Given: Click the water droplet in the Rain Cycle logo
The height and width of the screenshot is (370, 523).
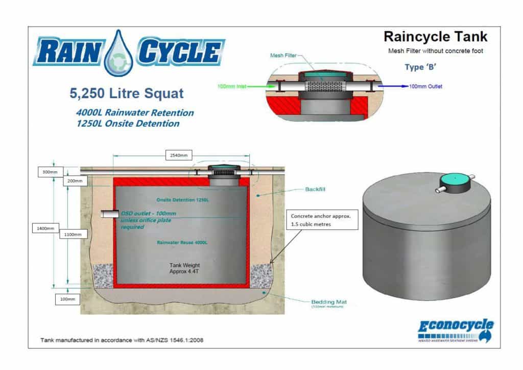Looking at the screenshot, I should coord(118,53).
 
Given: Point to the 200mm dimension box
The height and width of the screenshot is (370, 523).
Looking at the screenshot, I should coord(74,180).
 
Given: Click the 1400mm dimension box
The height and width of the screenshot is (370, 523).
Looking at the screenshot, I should coord(43,228).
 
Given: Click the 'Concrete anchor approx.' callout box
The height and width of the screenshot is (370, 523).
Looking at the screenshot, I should coord(322,219).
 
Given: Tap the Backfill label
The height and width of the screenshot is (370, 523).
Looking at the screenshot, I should coord(315,190).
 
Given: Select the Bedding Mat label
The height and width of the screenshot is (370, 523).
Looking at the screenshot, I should coord(327,302).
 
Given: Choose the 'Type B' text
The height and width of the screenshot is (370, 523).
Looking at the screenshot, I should coord(422,67).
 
